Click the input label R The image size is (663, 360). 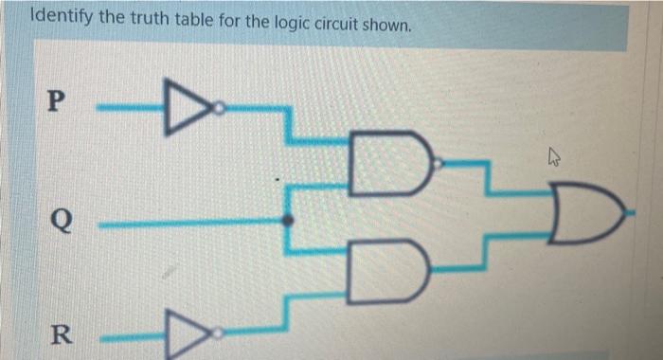tap(59, 334)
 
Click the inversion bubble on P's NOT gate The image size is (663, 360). tap(219, 111)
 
